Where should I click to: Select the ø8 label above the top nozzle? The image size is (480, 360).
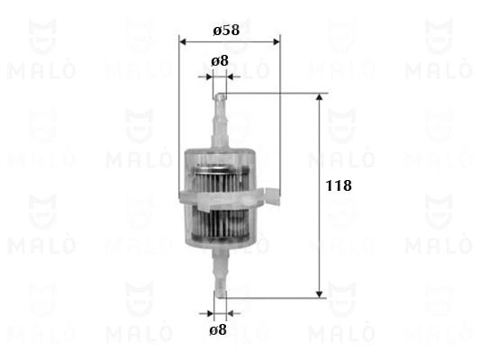[219, 61]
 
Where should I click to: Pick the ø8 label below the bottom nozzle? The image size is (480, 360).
[218, 330]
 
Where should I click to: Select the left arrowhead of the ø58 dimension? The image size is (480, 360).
[184, 41]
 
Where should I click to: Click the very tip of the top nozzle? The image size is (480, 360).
[221, 94]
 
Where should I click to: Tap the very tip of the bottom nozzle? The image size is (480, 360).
[220, 294]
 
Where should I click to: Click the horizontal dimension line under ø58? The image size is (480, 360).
[230, 41]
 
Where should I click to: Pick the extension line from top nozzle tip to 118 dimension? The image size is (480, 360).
[270, 92]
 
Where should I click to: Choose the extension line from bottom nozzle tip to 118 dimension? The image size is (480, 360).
[270, 296]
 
